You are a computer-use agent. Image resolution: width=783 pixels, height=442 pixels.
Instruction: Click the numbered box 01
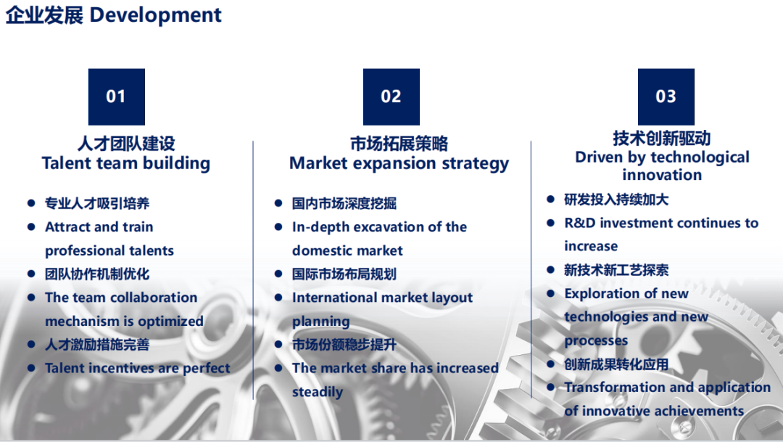(116, 97)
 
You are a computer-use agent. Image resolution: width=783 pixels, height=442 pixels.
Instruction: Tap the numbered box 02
(391, 97)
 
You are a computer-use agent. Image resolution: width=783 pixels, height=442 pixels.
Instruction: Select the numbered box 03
(666, 97)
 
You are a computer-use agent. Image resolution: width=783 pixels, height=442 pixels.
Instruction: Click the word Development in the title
(155, 15)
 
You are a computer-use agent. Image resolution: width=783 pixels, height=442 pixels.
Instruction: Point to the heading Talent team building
(126, 163)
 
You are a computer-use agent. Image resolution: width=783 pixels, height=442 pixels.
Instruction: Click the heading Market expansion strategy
(399, 163)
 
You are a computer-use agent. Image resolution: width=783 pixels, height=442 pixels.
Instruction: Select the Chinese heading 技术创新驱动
(662, 138)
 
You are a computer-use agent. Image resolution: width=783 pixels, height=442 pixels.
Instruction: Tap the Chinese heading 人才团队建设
(126, 144)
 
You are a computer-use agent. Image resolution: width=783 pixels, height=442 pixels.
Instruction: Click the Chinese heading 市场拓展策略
(399, 144)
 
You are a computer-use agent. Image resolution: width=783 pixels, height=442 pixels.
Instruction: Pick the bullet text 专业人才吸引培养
(97, 203)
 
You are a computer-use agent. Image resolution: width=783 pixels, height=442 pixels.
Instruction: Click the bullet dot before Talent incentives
(31, 368)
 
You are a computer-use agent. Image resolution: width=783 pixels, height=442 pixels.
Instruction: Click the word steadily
(318, 392)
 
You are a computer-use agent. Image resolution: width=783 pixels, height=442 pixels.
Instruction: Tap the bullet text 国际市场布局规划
(344, 274)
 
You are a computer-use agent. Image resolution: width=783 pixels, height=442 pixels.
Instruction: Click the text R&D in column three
(580, 223)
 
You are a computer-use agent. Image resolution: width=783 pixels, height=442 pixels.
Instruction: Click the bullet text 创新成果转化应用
(616, 364)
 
